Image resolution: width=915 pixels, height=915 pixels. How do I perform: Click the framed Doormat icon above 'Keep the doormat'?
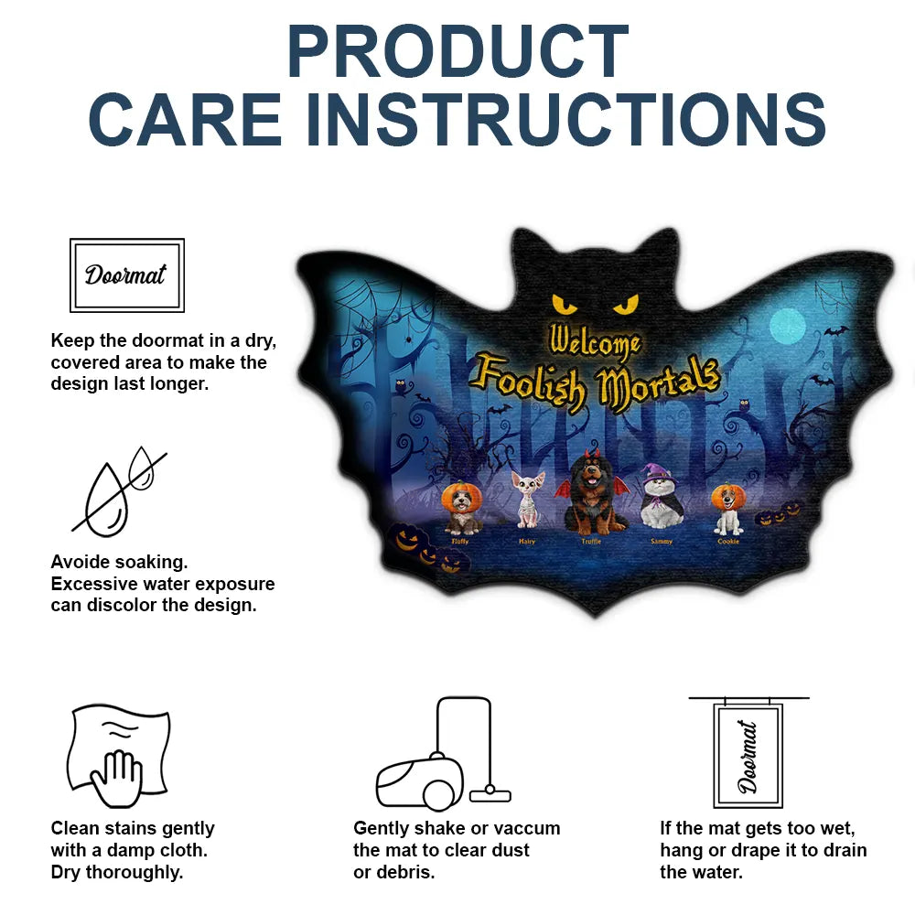[x=127, y=274]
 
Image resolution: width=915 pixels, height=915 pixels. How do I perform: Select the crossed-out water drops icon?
[x=119, y=491]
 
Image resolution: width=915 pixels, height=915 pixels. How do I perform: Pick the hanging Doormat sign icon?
[x=748, y=752]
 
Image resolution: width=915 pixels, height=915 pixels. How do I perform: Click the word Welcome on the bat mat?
[x=594, y=341]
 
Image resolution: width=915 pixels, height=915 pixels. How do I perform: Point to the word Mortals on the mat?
[x=658, y=383]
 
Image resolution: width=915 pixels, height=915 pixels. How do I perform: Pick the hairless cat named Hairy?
[x=527, y=500]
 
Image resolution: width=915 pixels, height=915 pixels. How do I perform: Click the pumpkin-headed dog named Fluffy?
[x=461, y=509]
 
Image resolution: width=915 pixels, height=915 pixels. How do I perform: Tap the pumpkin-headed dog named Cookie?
[x=728, y=509]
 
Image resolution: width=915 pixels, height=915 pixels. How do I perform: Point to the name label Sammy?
[x=662, y=542]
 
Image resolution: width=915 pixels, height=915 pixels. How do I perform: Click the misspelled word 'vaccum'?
[x=525, y=828]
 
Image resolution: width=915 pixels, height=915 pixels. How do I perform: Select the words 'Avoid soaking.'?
[x=119, y=562]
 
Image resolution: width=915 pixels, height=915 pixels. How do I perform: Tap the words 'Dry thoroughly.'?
[x=117, y=872]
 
